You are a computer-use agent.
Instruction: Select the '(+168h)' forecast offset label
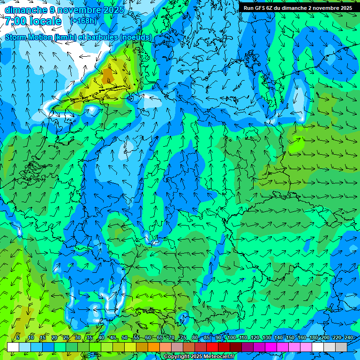84,21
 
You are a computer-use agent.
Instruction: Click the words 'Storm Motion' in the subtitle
29,37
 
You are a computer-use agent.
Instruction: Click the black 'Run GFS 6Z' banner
298,7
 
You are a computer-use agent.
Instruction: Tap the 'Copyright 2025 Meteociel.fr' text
199,356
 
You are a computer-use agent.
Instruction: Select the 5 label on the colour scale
18,337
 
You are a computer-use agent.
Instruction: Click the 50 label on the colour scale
125,337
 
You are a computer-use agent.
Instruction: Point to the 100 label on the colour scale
231,337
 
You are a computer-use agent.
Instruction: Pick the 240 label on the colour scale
348,337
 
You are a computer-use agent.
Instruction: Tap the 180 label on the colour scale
313,337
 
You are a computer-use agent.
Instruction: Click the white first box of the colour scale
13,347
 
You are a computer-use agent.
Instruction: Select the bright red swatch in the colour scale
212,347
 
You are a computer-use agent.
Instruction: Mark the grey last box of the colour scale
341,347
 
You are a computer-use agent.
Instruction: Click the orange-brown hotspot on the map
108,75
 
